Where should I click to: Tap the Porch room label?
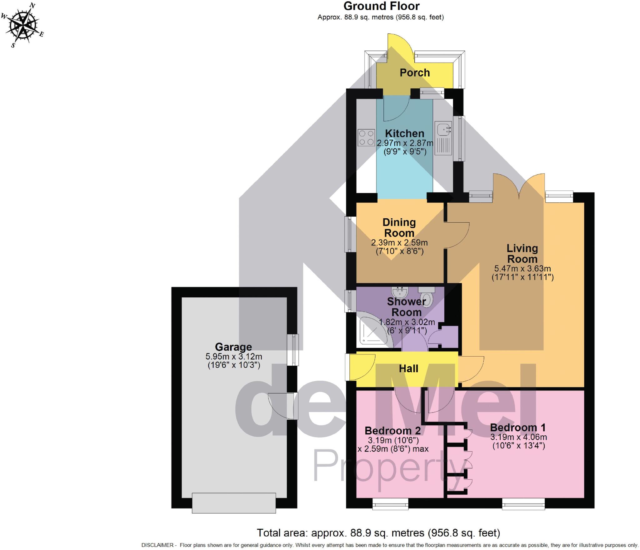pyautogui.click(x=415, y=73)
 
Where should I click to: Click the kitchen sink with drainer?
pyautogui.click(x=444, y=138)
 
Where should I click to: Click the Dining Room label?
pyautogui.click(x=399, y=228)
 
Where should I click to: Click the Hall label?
pyautogui.click(x=408, y=369)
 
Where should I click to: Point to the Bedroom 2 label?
pyautogui.click(x=392, y=431)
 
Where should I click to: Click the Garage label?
pyautogui.click(x=233, y=347)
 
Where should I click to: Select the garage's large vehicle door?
pyautogui.click(x=234, y=503)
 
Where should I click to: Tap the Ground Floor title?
pyautogui.click(x=381, y=6)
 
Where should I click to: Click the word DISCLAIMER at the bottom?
pyautogui.click(x=157, y=545)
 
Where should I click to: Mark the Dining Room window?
pyautogui.click(x=348, y=234)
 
